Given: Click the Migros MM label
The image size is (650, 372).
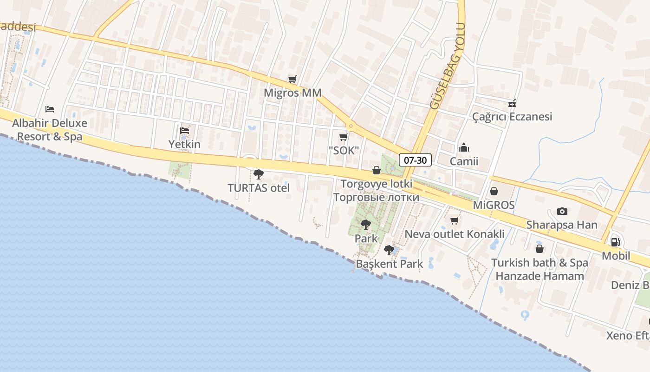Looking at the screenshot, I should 292,93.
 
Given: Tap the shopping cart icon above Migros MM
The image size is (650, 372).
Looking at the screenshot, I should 292,79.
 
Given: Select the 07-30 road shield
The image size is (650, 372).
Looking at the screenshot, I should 415,160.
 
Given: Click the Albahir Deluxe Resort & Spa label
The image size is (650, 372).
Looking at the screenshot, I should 50,130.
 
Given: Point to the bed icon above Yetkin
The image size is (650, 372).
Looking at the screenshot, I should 184,130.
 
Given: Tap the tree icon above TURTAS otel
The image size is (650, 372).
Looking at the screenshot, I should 259,174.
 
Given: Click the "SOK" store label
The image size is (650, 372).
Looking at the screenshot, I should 344,150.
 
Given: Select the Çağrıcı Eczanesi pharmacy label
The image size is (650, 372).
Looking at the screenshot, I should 512,116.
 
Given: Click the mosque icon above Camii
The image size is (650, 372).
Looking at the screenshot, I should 463,148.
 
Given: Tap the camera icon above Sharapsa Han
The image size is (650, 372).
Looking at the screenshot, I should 562,211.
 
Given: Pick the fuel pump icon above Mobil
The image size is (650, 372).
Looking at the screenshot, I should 616,242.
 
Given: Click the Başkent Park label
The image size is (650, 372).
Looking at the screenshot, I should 389,264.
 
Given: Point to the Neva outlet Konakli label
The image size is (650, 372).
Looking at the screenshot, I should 455,234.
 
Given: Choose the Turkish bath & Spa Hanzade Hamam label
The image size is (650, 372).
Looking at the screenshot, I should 539,269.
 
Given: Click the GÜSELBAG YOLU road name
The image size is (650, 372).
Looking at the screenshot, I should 448,66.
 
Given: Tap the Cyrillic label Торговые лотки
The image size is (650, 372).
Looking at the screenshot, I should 376,197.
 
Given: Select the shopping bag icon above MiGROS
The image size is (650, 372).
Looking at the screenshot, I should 494,191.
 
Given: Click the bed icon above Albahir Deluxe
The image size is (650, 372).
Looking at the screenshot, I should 50,109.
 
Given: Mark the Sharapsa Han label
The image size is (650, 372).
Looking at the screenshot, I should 562,225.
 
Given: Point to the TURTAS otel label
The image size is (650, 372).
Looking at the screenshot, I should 259,188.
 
